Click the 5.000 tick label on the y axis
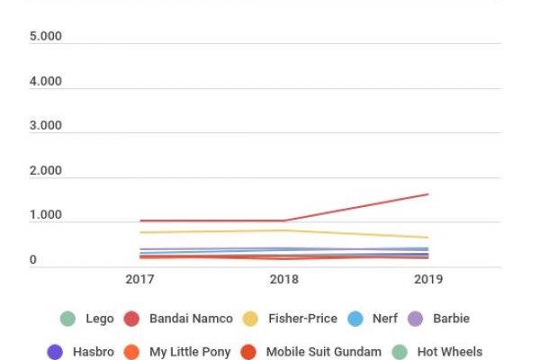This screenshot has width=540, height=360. (46, 38)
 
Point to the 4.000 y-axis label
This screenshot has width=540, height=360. (46, 82)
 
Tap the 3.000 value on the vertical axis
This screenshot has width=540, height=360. (46, 126)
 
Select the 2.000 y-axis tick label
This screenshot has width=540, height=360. (46, 171)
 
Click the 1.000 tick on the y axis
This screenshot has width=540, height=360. (46, 216)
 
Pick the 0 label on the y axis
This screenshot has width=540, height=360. (33, 261)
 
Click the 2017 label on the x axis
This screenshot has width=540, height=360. (141, 280)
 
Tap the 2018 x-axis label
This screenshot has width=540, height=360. (284, 280)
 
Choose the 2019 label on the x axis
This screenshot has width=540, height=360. (427, 280)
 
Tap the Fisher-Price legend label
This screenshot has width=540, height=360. (301, 319)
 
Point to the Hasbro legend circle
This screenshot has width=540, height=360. (55, 352)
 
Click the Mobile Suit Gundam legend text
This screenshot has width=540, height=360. (323, 352)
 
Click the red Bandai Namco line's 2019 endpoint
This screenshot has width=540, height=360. (427, 194)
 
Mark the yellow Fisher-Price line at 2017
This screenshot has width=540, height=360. (141, 232)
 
